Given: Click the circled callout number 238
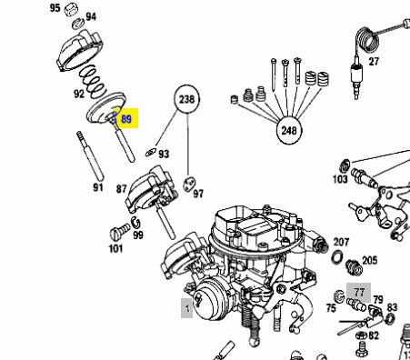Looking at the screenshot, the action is [187, 99].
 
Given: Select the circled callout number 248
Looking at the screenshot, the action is [289, 130].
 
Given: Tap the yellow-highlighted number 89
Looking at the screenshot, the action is [125, 118].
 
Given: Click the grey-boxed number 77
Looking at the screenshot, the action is [359, 293].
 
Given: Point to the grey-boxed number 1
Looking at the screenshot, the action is [187, 308].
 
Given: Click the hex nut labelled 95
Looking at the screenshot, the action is [72, 9].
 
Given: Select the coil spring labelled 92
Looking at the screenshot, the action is [93, 82].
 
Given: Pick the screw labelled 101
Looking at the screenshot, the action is [120, 232].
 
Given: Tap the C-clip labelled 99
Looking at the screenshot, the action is [135, 223].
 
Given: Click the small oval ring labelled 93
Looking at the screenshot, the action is [150, 152].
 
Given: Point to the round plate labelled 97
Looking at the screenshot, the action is [189, 184].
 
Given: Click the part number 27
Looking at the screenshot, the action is [374, 62].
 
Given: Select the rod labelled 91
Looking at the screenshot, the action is [90, 155].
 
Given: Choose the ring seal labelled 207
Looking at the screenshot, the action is [337, 257].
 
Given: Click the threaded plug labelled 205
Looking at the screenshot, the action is [354, 267].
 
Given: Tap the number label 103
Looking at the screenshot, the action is [340, 179].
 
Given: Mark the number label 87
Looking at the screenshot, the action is [121, 189].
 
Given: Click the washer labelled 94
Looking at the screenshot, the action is [78, 24].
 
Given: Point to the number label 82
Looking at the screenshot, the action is [374, 335].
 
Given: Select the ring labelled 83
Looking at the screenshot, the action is [390, 318].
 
